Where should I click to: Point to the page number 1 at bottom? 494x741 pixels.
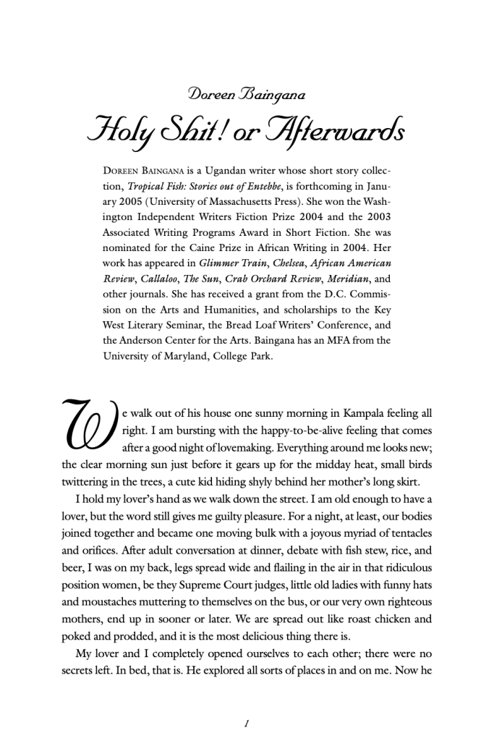pyautogui.click(x=247, y=723)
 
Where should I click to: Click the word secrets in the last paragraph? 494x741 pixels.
pyautogui.click(x=79, y=670)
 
